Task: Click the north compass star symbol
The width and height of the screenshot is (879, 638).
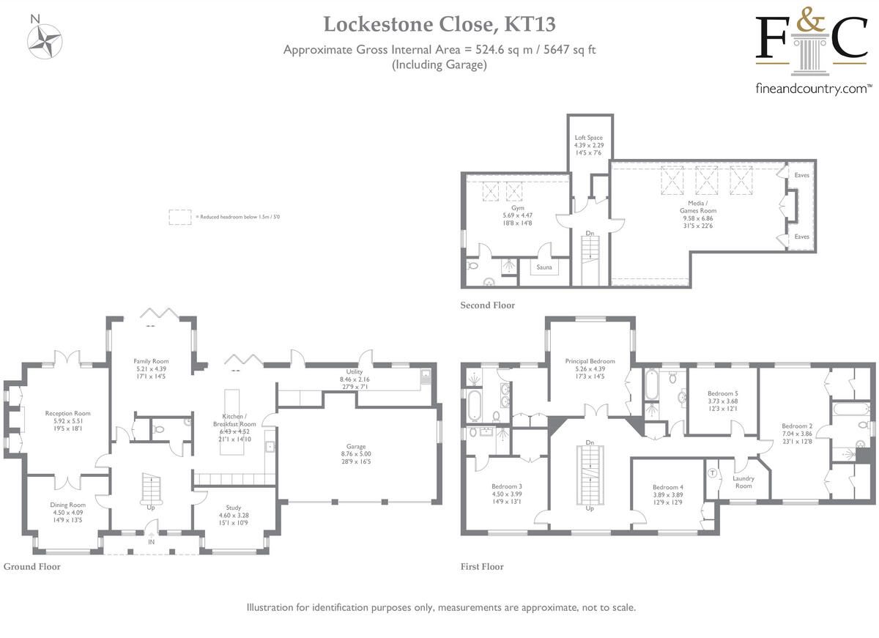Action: click(x=46, y=41)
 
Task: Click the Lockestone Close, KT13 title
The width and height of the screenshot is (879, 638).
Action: click(x=439, y=24)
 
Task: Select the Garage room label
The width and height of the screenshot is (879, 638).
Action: click(x=356, y=446)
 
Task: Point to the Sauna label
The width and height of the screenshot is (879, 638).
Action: click(x=544, y=267)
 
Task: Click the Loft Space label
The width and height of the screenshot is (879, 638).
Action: click(x=588, y=138)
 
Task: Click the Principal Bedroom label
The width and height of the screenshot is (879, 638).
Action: click(x=590, y=361)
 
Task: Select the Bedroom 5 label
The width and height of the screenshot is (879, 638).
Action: click(x=722, y=393)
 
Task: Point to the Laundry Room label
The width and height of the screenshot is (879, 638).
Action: click(x=743, y=482)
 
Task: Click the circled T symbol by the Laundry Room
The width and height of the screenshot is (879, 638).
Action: click(x=712, y=472)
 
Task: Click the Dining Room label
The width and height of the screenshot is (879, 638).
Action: click(x=67, y=505)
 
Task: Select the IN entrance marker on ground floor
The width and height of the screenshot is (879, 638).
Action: click(x=152, y=542)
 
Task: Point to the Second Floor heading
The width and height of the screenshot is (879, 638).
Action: click(x=487, y=305)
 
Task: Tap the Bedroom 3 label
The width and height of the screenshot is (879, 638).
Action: click(x=506, y=486)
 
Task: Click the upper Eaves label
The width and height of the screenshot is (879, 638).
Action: click(x=801, y=176)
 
